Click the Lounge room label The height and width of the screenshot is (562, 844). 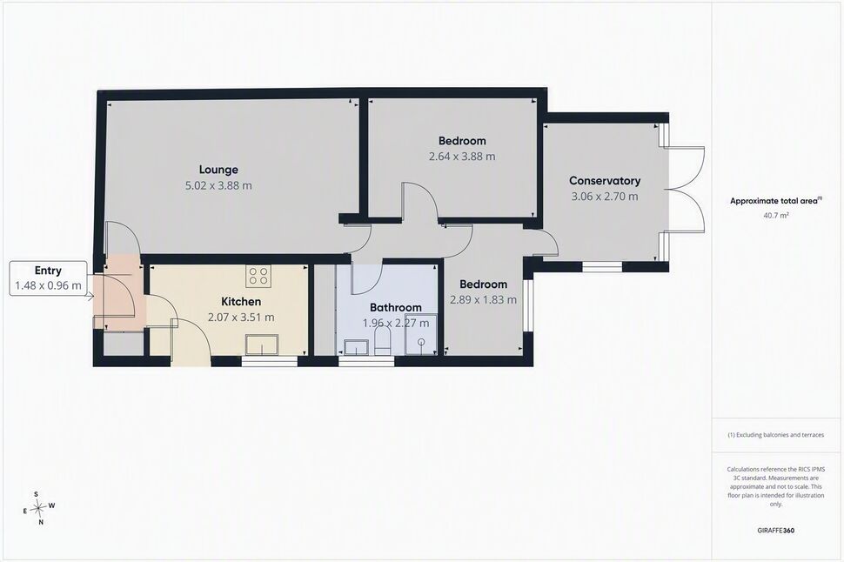(218, 170)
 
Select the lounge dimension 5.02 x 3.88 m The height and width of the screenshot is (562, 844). (218, 185)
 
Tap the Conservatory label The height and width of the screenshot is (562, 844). (605, 181)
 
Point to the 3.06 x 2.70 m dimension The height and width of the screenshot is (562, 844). (605, 197)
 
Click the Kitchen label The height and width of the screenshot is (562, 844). (241, 302)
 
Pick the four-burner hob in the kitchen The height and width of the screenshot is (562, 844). (258, 276)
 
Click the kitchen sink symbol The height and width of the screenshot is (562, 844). (262, 345)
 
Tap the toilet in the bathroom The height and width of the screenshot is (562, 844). (382, 342)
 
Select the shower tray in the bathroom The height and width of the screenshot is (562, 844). (421, 341)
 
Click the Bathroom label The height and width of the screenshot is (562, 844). (396, 307)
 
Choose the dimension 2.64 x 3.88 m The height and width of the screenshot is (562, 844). (462, 157)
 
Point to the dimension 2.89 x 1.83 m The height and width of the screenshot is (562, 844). (483, 300)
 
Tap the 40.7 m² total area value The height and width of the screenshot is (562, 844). (775, 216)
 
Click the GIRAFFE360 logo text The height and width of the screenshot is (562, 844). (775, 530)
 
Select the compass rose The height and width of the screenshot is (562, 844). (37, 507)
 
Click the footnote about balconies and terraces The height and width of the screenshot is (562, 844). (775, 435)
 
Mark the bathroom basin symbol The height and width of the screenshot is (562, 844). (355, 347)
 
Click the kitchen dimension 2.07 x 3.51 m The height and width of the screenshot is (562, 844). (241, 318)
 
